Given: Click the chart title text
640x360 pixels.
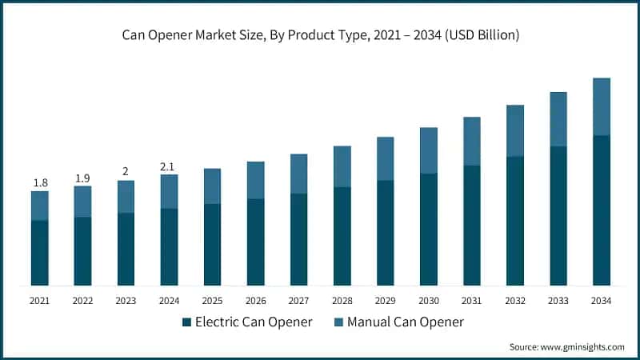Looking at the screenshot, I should click(320, 34).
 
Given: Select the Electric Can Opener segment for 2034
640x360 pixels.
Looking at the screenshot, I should click(601, 210).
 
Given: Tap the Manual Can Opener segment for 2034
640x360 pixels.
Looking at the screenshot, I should click(601, 106).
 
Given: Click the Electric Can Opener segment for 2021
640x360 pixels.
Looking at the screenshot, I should click(40, 253).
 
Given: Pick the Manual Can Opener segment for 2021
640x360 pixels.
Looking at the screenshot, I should click(40, 206).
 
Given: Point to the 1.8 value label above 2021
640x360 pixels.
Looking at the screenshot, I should click(40, 183).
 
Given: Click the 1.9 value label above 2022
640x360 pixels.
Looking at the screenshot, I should click(82, 178).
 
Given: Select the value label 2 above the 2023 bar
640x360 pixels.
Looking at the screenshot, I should click(126, 172).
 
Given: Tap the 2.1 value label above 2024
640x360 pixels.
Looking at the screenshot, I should click(169, 166).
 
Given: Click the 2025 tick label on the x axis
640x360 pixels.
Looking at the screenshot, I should click(212, 301).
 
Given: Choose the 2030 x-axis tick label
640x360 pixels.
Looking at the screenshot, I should click(428, 301).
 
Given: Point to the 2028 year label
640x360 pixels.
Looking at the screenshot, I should click(342, 301).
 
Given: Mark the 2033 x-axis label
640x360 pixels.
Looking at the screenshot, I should click(558, 301).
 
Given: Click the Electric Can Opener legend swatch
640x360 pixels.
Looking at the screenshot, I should click(187, 322).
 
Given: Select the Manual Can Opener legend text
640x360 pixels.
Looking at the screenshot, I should click(406, 322).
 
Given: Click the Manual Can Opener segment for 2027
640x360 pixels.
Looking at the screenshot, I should click(298, 174).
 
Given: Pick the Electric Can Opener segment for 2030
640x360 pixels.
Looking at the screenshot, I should click(428, 230).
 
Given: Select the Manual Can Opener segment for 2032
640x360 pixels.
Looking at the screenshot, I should click(514, 130).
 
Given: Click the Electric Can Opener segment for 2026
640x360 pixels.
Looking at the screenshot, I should click(255, 242).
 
